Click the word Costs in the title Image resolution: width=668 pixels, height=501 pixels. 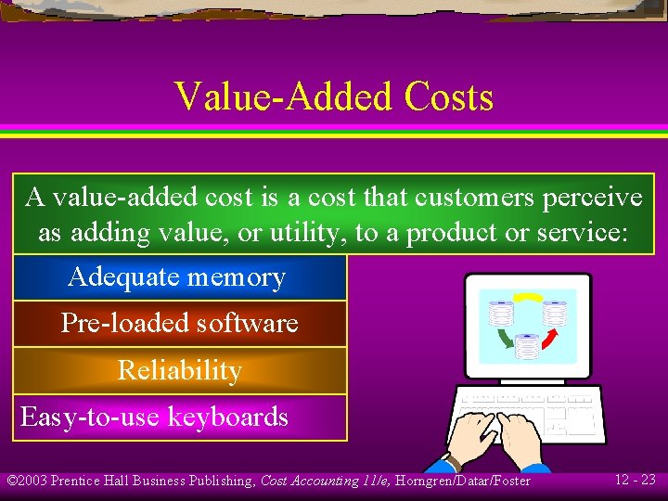click(443, 96)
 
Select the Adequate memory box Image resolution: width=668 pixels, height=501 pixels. click(179, 277)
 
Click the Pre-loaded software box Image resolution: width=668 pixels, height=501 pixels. click(179, 324)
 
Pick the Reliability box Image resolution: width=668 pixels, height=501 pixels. click(179, 370)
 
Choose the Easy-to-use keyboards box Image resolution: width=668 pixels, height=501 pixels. click(179, 417)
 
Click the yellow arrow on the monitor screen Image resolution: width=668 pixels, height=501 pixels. click(528, 300)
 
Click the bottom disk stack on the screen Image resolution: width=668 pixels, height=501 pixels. click(527, 347)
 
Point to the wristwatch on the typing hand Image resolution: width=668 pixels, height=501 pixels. click(452, 460)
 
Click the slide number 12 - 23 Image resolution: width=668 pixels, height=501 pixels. click(635, 480)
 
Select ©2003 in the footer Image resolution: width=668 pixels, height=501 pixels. click(27, 481)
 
